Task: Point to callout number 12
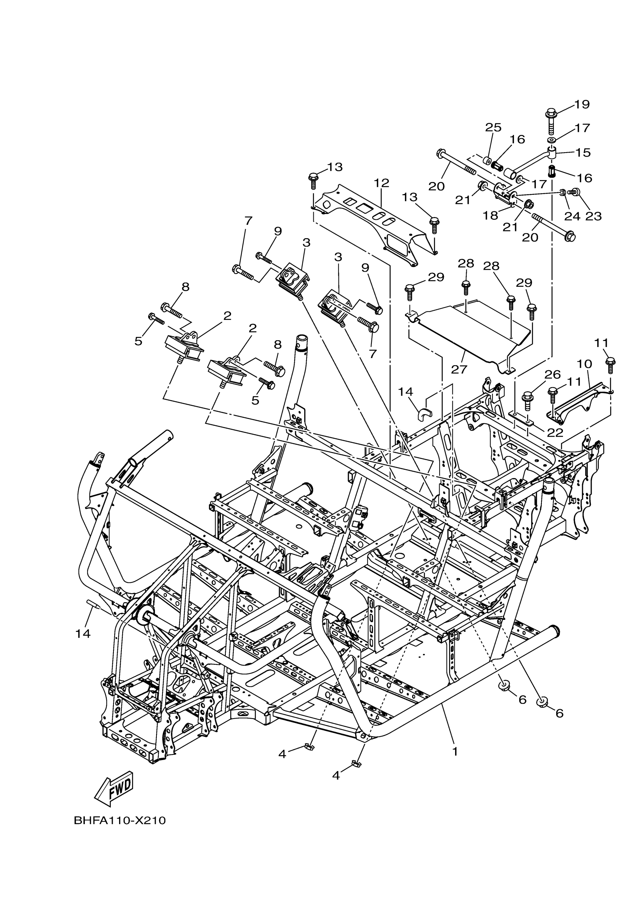click(381, 183)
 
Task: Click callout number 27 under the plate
click(459, 369)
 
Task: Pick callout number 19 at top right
click(582, 104)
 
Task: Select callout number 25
click(493, 127)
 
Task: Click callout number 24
click(572, 216)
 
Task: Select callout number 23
click(593, 216)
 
